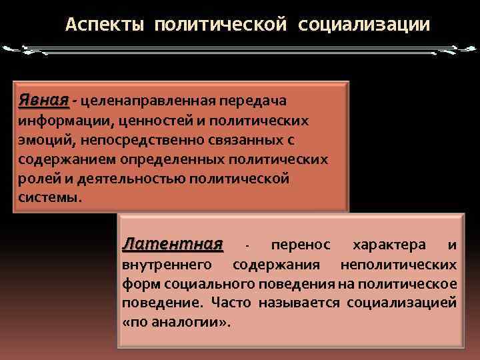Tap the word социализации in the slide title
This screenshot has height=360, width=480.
(x=365, y=25)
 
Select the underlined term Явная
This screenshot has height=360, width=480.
(x=43, y=100)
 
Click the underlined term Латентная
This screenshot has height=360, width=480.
(x=172, y=245)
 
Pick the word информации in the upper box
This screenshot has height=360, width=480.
(x=59, y=121)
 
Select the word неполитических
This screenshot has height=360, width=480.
(x=398, y=265)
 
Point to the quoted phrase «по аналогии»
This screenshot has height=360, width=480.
(x=176, y=323)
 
